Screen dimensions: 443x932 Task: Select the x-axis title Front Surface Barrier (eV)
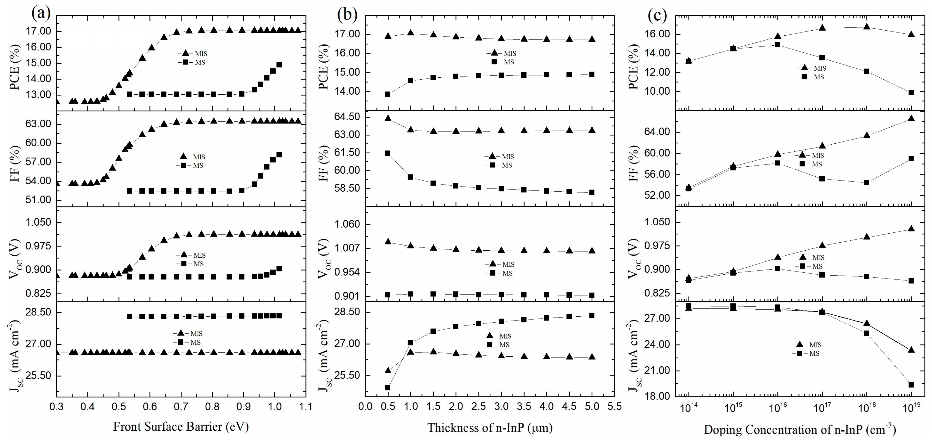click(x=181, y=427)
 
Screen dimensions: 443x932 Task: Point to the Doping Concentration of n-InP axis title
click(x=799, y=430)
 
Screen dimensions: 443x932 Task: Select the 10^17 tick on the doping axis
click(x=822, y=409)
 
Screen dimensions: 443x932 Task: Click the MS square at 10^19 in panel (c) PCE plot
click(x=911, y=92)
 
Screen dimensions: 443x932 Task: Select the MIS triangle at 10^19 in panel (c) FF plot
click(x=911, y=118)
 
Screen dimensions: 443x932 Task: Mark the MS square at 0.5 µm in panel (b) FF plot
click(x=388, y=153)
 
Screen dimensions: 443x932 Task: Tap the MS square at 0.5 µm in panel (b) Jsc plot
click(x=388, y=388)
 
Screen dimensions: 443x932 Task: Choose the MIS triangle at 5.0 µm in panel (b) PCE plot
click(x=592, y=39)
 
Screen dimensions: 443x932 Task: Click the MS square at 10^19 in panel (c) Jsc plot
click(x=911, y=385)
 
